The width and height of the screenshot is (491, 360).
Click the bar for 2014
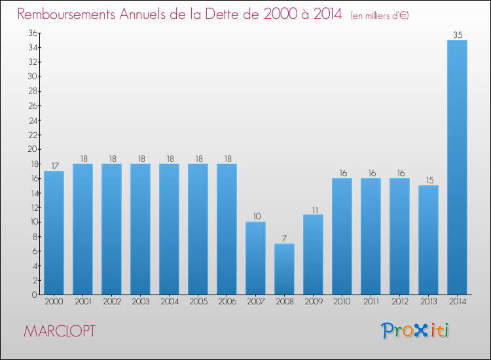click(457, 167)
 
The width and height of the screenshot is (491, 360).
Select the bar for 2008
click(284, 269)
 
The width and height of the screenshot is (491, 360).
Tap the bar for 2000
click(54, 232)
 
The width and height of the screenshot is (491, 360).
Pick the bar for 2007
click(255, 258)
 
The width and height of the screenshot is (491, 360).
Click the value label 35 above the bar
click(457, 35)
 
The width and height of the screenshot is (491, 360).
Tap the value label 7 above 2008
click(284, 238)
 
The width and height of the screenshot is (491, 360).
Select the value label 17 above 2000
click(54, 166)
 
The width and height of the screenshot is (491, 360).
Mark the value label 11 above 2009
click(313, 209)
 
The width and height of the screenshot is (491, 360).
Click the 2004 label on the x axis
click(169, 302)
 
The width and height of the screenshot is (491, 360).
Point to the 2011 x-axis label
click(371, 302)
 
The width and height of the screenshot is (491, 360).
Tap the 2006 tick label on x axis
click(227, 302)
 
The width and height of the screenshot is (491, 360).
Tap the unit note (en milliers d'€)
click(380, 15)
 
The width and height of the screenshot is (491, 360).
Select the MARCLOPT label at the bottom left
click(60, 331)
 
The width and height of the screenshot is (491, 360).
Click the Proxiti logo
click(416, 331)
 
